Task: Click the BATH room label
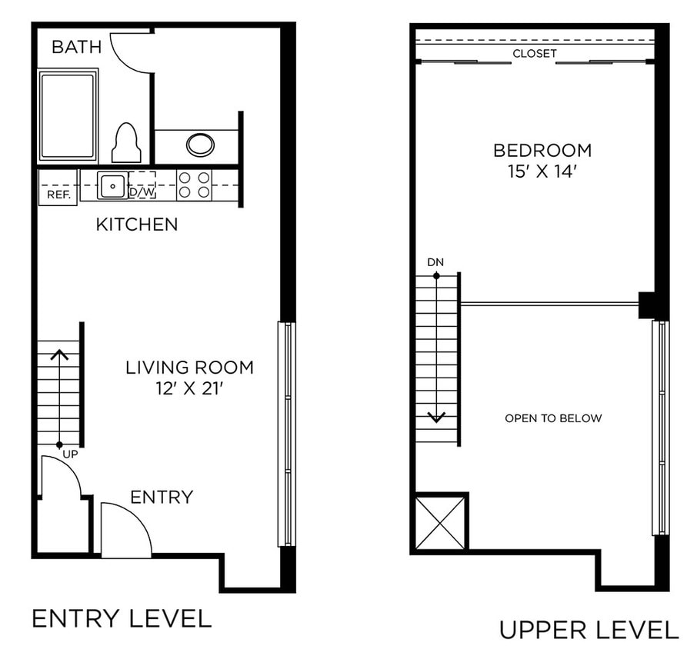76,47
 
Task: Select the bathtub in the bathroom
68,115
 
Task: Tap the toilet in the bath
126,144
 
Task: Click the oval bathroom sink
201,143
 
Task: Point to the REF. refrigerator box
58,195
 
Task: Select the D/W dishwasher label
142,192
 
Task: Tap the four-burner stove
195,185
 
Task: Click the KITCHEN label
137,225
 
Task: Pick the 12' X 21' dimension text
189,389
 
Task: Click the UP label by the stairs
70,454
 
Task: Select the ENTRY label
162,497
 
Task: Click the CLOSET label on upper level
534,54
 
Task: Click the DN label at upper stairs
435,262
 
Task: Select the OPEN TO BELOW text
553,418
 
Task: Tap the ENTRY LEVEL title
121,617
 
